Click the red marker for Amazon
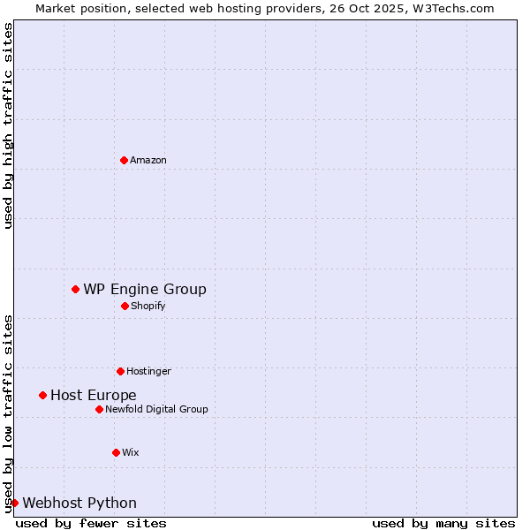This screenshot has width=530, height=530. tap(124, 160)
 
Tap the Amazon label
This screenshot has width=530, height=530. tap(148, 161)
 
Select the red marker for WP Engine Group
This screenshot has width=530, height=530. tap(75, 289)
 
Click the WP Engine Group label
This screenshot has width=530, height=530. tap(145, 290)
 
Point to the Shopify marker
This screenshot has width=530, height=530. tap(125, 306)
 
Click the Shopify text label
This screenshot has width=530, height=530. tap(148, 307)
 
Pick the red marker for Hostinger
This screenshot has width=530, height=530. tap(120, 371)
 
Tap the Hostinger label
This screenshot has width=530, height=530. tap(148, 372)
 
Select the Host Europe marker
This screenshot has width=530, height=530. tap(42, 395)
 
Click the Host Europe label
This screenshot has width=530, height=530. tap(94, 396)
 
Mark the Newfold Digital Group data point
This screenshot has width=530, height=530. tap(99, 409)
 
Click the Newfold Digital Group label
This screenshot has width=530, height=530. tap(156, 410)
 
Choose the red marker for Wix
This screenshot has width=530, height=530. tap(116, 452)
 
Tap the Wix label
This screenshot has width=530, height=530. tap(131, 453)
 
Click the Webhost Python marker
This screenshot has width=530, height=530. tap(14, 503)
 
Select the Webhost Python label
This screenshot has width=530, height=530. tap(79, 503)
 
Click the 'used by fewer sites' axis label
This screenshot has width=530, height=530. tap(91, 523)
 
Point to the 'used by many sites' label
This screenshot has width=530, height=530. tap(443, 523)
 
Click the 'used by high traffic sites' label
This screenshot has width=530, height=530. tap(8, 125)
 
